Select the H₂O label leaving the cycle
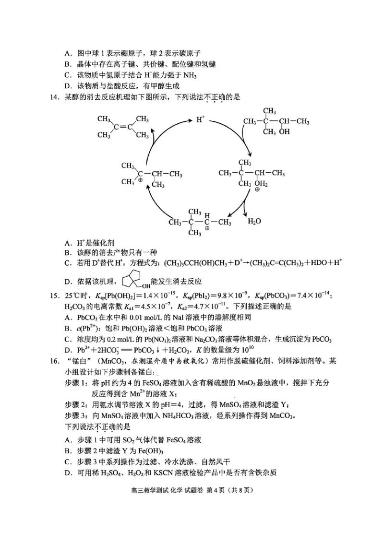point(254,222)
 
